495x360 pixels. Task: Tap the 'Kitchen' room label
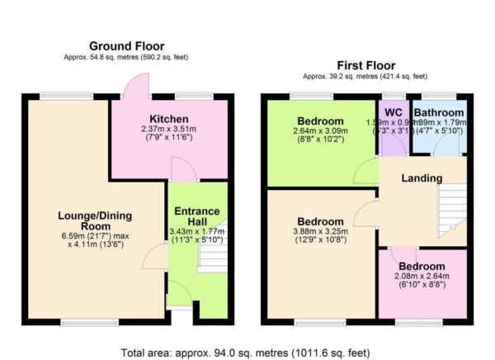pos(169,119)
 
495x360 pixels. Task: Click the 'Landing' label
pos(422,178)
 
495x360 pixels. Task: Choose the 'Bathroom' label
pos(438,112)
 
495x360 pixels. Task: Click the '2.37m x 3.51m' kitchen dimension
pos(169,130)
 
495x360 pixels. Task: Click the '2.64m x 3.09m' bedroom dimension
pos(320,130)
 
